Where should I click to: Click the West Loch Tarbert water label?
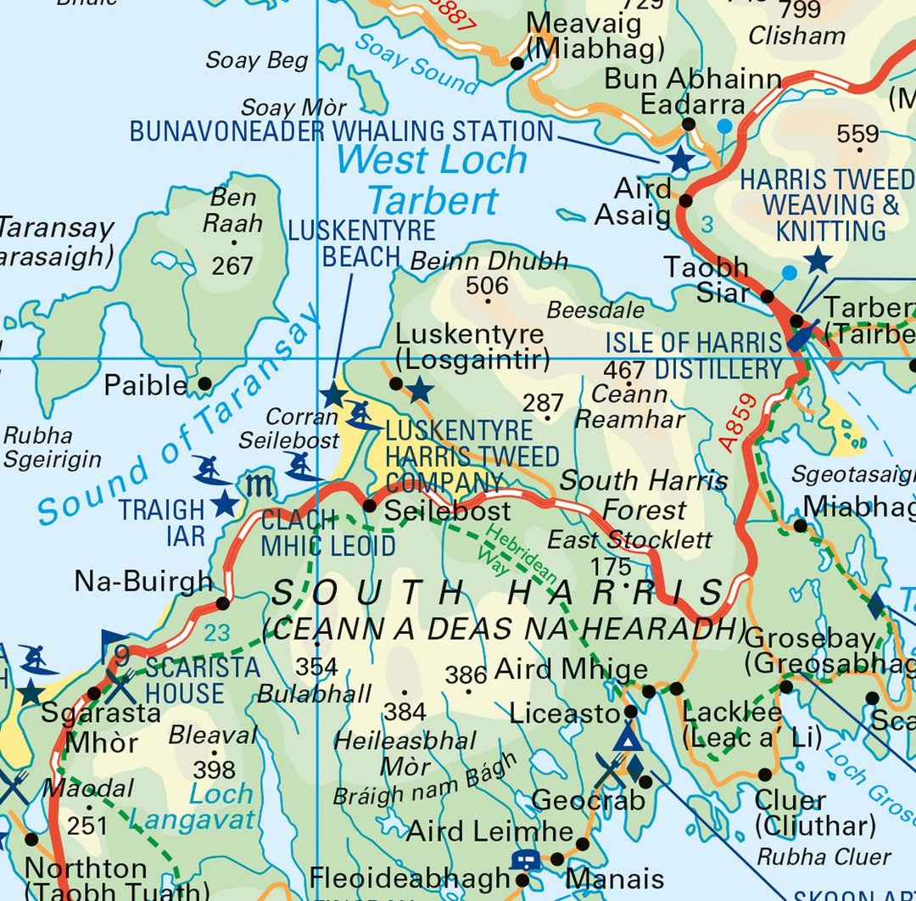tap(433, 181)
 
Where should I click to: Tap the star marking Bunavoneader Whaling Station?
tap(680, 159)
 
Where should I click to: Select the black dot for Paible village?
tap(204, 384)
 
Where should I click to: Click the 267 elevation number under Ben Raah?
tap(232, 266)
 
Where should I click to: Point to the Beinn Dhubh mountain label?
tap(489, 261)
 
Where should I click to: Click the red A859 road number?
tap(734, 422)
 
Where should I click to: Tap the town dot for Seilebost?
tap(370, 506)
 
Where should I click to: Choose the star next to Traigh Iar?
tap(224, 504)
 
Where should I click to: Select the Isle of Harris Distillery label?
tap(694, 356)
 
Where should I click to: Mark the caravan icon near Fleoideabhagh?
tap(525, 859)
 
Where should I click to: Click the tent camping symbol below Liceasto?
tap(627, 736)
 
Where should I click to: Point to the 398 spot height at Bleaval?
tap(214, 769)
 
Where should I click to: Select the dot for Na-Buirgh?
tap(222, 603)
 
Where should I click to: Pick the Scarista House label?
tap(202, 680)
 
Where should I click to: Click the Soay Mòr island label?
tap(293, 109)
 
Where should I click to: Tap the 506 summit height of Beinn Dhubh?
tap(487, 287)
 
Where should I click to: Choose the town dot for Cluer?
tap(765, 775)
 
